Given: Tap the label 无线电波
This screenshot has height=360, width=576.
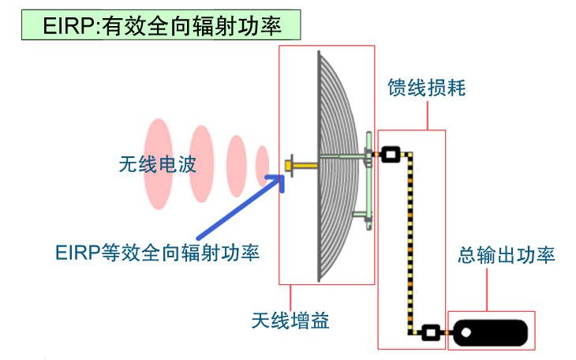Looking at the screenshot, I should [155, 165].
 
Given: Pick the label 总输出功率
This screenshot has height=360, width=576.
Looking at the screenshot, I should [507, 255].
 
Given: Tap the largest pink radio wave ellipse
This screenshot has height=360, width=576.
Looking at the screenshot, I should [159, 163].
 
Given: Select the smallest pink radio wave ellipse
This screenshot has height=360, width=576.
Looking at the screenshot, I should [263, 164].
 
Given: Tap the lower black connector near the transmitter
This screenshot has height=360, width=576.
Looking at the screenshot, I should [430, 332].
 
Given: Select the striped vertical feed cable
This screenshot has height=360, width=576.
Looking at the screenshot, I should [409, 245].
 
